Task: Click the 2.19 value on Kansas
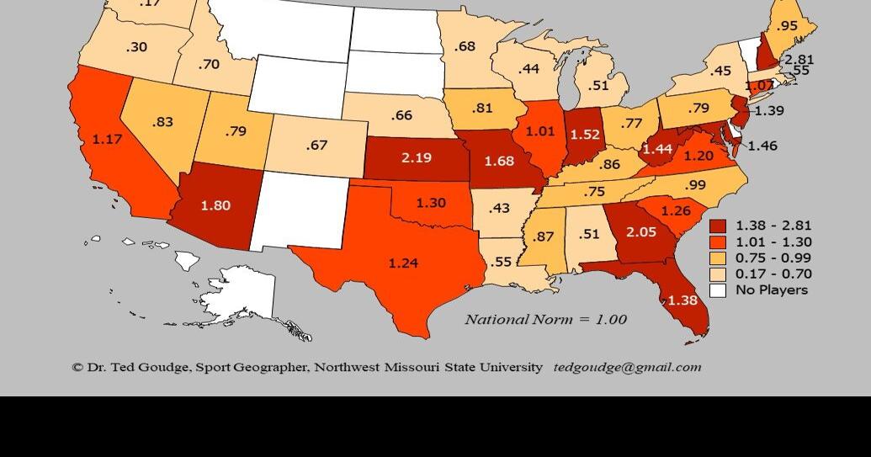tap(417, 157)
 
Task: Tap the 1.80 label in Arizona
tap(215, 205)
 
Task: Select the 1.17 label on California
tap(107, 140)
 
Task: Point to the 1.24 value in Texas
tap(403, 263)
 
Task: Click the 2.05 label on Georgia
tap(640, 231)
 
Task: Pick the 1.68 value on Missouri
tap(499, 161)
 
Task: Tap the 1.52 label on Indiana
tap(585, 134)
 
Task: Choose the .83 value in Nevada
tap(162, 122)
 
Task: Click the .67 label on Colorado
tap(316, 146)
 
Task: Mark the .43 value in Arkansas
tap(500, 208)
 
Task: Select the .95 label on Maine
tap(788, 26)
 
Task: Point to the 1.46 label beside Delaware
tap(762, 146)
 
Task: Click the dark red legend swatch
tap(718, 226)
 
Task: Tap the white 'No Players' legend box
tap(718, 290)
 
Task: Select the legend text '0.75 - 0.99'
tap(773, 258)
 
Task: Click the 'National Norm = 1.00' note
tap(545, 319)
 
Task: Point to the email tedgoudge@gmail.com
tap(627, 367)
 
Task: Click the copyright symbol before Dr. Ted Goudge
tap(77, 368)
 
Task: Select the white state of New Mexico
tap(299, 210)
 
